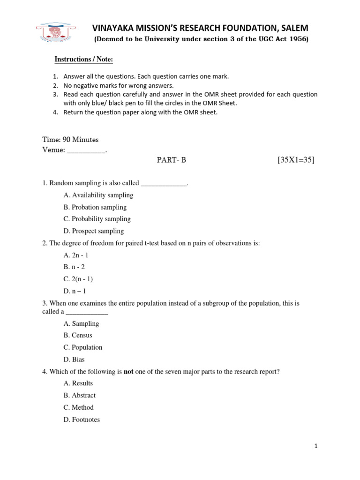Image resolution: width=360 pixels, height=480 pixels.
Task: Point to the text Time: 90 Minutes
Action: pos(70,140)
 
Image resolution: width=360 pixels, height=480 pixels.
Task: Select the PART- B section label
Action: pos(171,160)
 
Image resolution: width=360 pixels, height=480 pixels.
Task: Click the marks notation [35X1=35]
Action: pos(296,160)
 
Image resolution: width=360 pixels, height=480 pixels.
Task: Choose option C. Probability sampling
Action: pos(97,219)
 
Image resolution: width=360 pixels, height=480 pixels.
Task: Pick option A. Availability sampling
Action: pos(98,195)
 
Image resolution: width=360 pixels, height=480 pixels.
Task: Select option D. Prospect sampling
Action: pos(94,231)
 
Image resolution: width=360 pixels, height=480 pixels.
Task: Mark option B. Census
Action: pos(78,335)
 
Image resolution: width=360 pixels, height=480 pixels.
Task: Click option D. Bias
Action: pos(74,360)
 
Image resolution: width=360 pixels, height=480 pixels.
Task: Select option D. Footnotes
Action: pos(82,420)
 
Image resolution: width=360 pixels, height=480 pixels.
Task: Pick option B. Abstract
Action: pos(80,395)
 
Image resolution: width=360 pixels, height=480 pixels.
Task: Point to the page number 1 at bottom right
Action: pos(316,446)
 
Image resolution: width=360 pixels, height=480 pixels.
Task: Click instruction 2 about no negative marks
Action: pos(118,85)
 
